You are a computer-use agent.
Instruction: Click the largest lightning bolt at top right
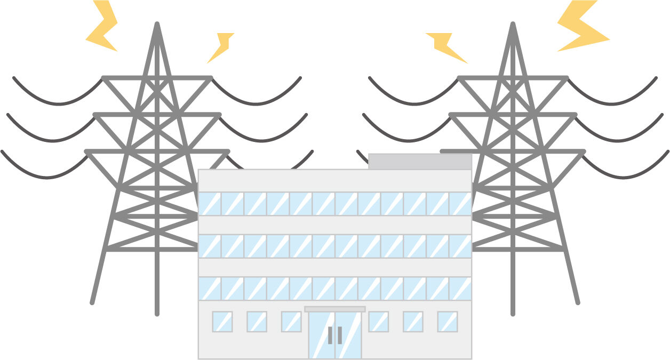(581, 27)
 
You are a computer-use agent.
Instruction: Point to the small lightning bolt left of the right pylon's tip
(445, 47)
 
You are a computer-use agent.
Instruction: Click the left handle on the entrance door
(330, 335)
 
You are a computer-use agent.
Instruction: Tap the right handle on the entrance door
(340, 335)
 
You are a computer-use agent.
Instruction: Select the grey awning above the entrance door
(335, 309)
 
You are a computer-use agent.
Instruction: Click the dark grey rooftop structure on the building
(420, 162)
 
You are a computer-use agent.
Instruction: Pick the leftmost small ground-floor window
(222, 322)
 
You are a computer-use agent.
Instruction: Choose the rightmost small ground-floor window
(448, 322)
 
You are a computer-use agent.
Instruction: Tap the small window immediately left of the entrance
(291, 322)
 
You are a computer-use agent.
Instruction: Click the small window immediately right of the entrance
(379, 322)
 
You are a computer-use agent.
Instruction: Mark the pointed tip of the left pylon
(157, 24)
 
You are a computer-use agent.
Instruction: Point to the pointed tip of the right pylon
(513, 24)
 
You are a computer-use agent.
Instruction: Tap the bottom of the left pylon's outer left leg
(92, 302)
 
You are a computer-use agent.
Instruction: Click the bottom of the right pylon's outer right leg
(577, 302)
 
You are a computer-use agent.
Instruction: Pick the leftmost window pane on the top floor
(210, 204)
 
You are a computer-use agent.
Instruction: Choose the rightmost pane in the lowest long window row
(460, 289)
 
